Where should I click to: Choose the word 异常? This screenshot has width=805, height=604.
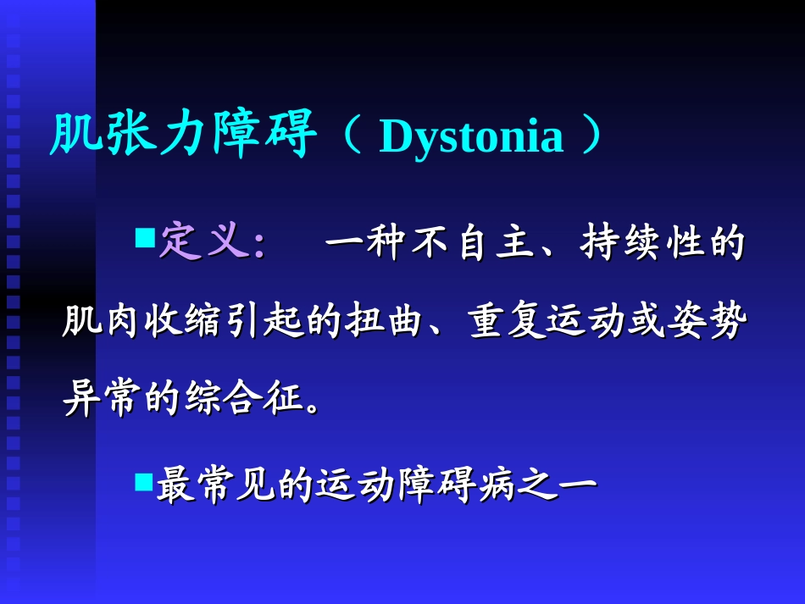[103, 399]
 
